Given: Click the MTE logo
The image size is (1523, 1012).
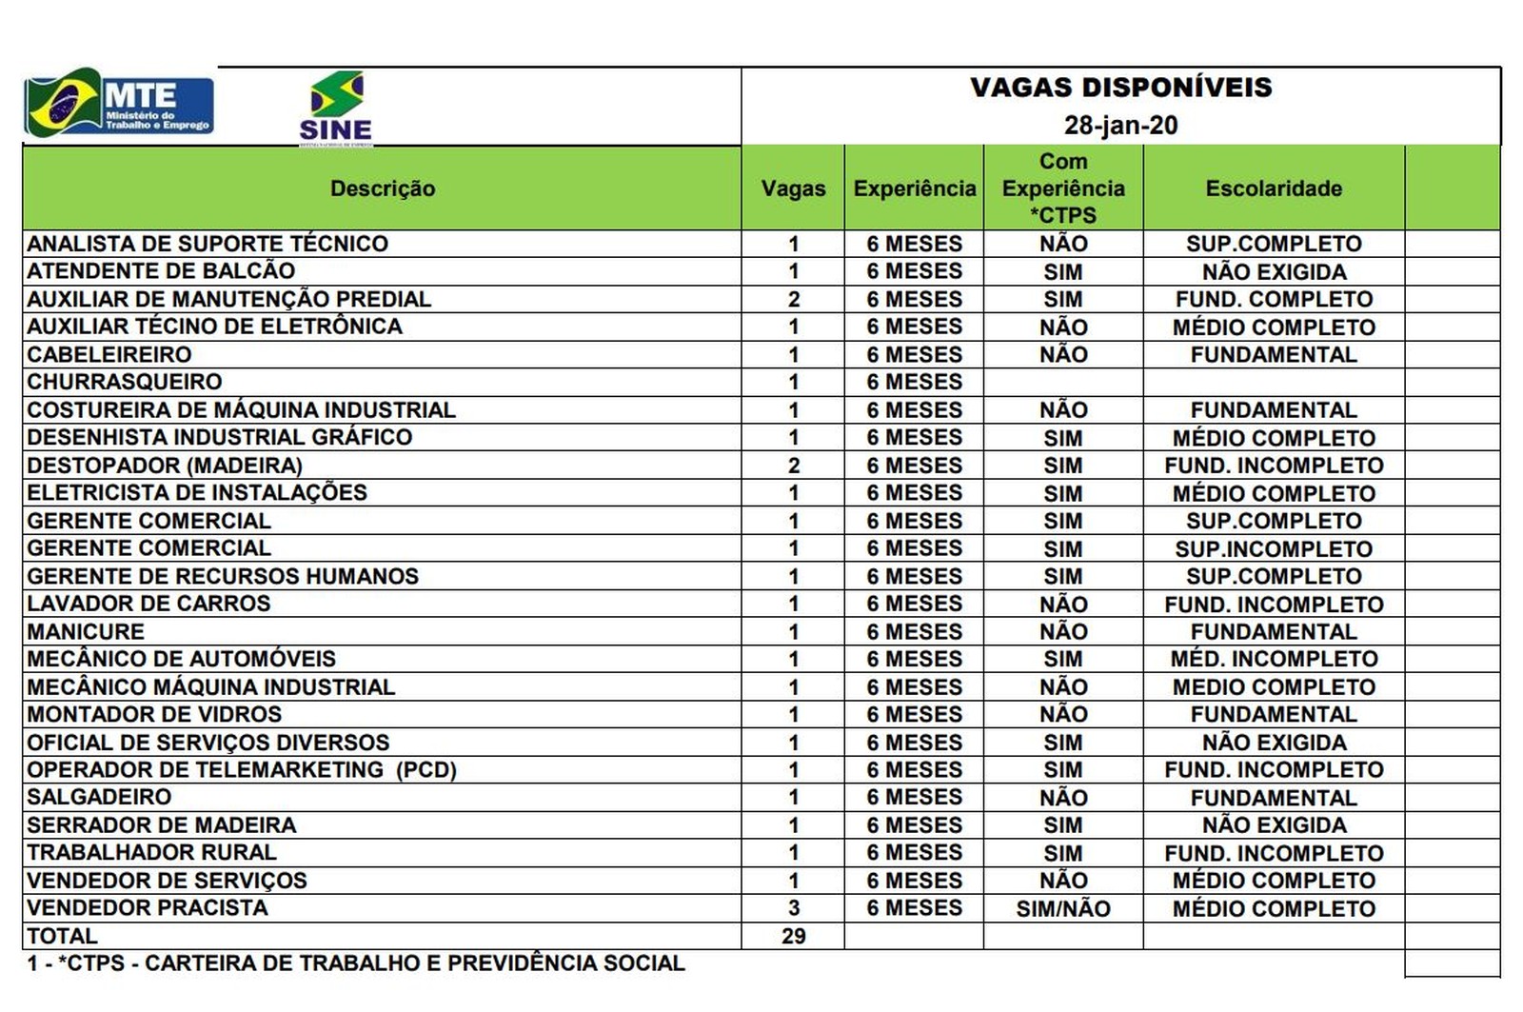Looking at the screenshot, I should click(119, 105).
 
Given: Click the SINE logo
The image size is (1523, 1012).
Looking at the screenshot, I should click(336, 108).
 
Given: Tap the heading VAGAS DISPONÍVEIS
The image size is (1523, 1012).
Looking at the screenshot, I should click(1120, 88).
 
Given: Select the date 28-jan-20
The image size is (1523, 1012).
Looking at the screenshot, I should click(1120, 126).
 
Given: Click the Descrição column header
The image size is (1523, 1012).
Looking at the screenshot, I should click(383, 189).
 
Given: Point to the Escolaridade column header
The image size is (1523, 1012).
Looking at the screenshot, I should click(1274, 189).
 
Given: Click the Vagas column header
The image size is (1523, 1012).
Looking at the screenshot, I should click(793, 189).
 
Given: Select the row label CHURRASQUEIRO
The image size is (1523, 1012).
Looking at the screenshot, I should click(125, 382).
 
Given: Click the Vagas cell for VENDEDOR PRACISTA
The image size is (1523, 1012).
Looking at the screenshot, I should click(793, 908).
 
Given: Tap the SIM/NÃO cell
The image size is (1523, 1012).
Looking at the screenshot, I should click(1063, 909).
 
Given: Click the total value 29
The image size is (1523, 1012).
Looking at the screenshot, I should click(793, 936).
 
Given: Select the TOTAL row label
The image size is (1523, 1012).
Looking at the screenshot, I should click(63, 936).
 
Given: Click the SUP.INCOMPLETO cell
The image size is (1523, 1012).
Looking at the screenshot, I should click(1274, 549).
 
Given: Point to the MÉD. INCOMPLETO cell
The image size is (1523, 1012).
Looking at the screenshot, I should click(1274, 659).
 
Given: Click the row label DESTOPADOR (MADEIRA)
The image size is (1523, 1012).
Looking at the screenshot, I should click(165, 466).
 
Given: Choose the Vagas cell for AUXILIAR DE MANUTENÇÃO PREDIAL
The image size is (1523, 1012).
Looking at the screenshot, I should click(793, 299).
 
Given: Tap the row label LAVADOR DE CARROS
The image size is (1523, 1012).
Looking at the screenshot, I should click(148, 604).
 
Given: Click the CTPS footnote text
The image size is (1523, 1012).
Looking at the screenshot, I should click(356, 963).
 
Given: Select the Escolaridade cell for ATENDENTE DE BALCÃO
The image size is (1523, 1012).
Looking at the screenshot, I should click(1274, 272).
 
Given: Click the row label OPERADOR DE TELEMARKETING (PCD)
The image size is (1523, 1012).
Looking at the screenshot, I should click(242, 769).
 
